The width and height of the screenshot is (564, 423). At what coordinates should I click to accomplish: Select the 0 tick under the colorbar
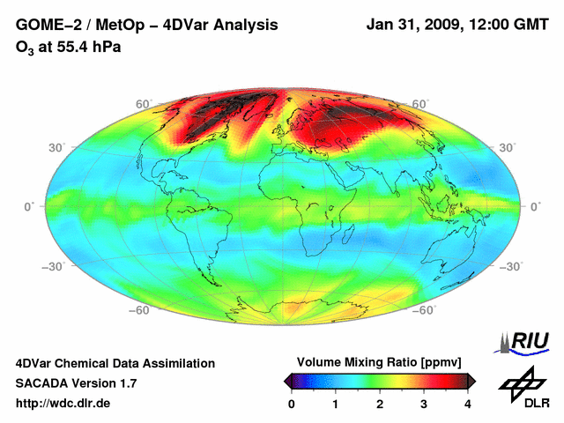pyautogui.click(x=292, y=404)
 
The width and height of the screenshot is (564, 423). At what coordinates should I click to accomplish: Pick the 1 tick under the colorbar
pyautogui.click(x=336, y=404)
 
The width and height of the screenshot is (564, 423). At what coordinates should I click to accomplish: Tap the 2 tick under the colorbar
pyautogui.click(x=380, y=404)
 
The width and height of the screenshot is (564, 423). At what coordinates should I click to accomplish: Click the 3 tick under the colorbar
pyautogui.click(x=424, y=404)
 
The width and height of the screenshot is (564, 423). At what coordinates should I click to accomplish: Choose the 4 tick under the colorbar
pyautogui.click(x=468, y=404)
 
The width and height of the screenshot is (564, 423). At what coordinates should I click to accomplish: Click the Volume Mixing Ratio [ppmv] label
pyautogui.click(x=379, y=362)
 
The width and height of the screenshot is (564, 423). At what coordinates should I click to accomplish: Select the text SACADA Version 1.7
pyautogui.click(x=76, y=383)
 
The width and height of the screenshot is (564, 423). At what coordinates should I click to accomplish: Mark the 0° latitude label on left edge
pyautogui.click(x=28, y=206)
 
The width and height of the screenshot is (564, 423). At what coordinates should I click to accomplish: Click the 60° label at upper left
pyautogui.click(x=144, y=104)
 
